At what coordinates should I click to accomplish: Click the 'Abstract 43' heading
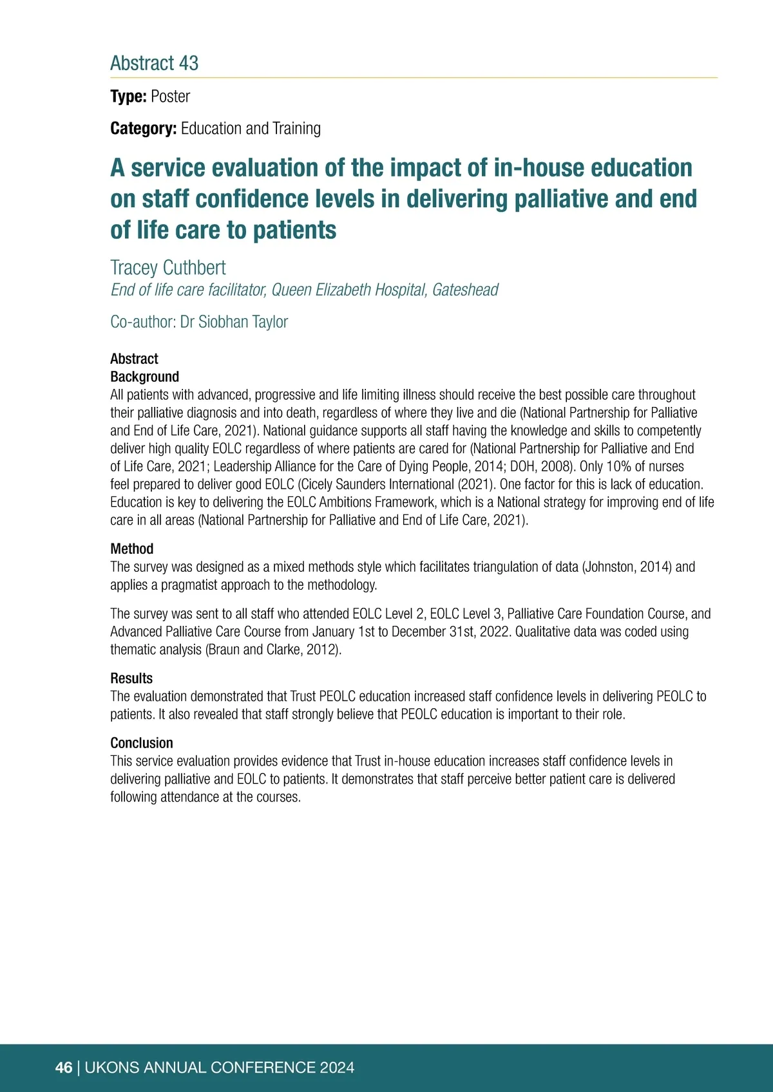tap(154, 63)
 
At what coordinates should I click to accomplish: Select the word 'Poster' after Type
tap(170, 97)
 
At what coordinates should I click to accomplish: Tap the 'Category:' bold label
tap(143, 129)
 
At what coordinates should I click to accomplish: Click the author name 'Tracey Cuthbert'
tap(168, 268)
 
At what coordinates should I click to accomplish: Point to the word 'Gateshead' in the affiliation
tap(465, 290)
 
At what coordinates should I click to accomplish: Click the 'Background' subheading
tap(144, 377)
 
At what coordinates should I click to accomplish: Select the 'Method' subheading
tap(131, 549)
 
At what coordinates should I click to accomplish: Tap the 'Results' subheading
tap(131, 678)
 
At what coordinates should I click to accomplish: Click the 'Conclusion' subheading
tap(141, 743)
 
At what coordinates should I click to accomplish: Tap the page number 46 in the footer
tap(64, 1068)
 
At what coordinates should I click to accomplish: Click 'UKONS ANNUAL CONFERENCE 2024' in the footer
tap(219, 1068)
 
